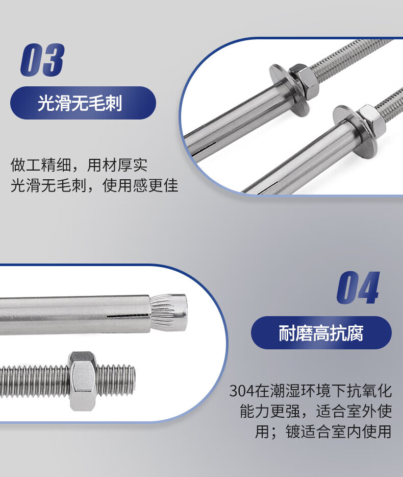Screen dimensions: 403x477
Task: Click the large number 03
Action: click(x=42, y=60)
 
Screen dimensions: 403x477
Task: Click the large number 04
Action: click(x=358, y=288)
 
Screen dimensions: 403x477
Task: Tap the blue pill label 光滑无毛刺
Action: click(x=83, y=103)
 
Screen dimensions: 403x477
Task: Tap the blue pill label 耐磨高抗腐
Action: click(x=321, y=332)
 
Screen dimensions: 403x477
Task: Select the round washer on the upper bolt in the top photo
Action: click(x=288, y=88)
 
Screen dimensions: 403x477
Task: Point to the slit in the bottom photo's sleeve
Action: click(x=128, y=316)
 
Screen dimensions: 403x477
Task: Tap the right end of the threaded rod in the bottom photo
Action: click(x=133, y=379)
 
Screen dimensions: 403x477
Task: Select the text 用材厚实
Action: click(x=117, y=165)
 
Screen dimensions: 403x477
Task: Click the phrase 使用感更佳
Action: click(x=140, y=185)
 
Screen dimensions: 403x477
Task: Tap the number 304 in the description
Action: click(x=242, y=391)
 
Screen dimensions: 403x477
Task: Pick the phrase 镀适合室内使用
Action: click(x=339, y=432)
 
